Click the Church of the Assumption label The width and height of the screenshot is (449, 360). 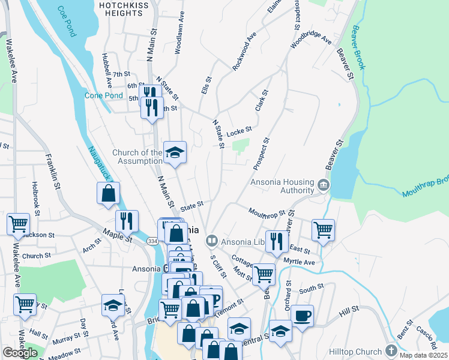(x=137, y=157)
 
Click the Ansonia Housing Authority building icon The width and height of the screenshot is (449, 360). (x=324, y=184)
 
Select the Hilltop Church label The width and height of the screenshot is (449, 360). (x=355, y=352)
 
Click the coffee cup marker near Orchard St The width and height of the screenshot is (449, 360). (x=302, y=315)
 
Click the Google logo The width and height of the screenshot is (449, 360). (x=20, y=353)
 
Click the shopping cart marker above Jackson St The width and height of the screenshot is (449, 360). (x=18, y=224)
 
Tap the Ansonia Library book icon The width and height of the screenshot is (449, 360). (x=211, y=242)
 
